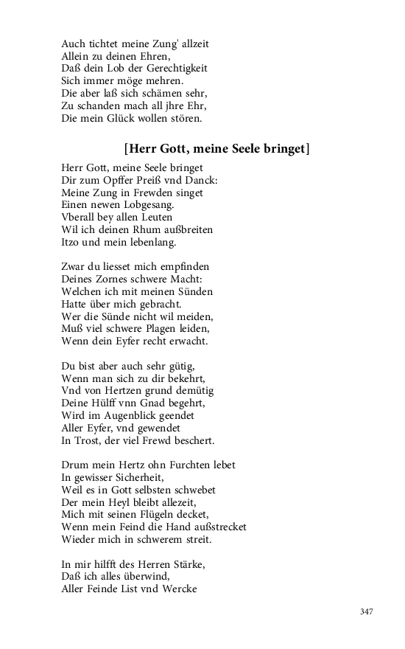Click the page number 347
(367, 611)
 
